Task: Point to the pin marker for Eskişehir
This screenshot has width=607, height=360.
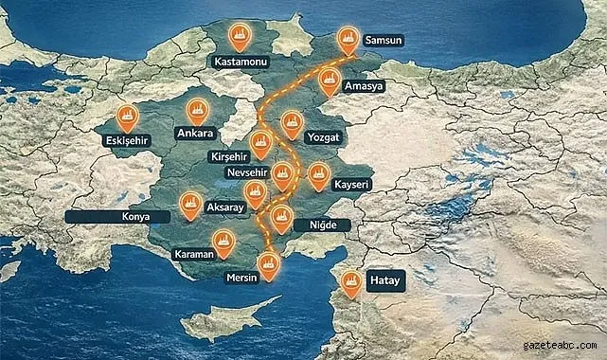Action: click(x=127, y=117)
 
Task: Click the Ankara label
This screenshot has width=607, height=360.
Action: click(x=196, y=134)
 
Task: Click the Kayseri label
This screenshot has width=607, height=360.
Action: click(x=352, y=183)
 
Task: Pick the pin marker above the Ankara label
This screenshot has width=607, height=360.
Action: click(x=198, y=109)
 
